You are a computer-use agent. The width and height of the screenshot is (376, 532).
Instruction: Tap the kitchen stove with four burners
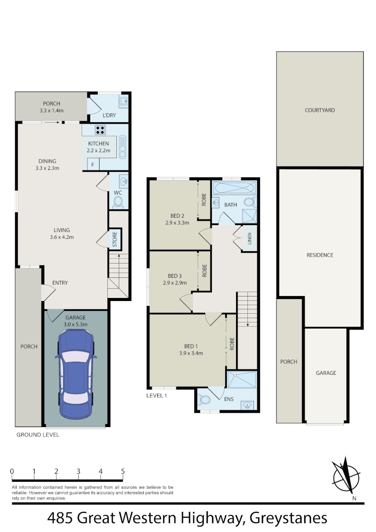(101, 131)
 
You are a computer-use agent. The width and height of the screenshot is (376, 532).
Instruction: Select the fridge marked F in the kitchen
(92, 164)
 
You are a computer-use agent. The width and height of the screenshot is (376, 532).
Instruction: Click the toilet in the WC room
(118, 201)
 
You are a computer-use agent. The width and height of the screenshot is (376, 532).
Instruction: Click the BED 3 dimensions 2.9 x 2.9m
(175, 283)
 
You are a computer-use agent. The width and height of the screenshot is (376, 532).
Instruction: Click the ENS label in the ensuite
(229, 399)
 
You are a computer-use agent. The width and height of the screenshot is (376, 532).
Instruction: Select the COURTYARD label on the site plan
(319, 110)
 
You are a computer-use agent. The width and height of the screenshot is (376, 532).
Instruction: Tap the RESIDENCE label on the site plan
(320, 255)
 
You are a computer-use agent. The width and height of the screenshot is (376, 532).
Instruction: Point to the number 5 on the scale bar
(123, 471)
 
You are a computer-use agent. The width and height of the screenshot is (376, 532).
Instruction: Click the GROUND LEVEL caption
(38, 435)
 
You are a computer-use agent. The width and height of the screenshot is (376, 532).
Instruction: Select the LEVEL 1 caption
(157, 395)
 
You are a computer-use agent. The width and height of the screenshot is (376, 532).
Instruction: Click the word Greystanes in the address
(289, 518)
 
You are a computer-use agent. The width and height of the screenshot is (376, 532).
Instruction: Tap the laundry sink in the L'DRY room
(123, 102)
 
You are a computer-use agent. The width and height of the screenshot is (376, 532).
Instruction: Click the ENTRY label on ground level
(60, 283)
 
